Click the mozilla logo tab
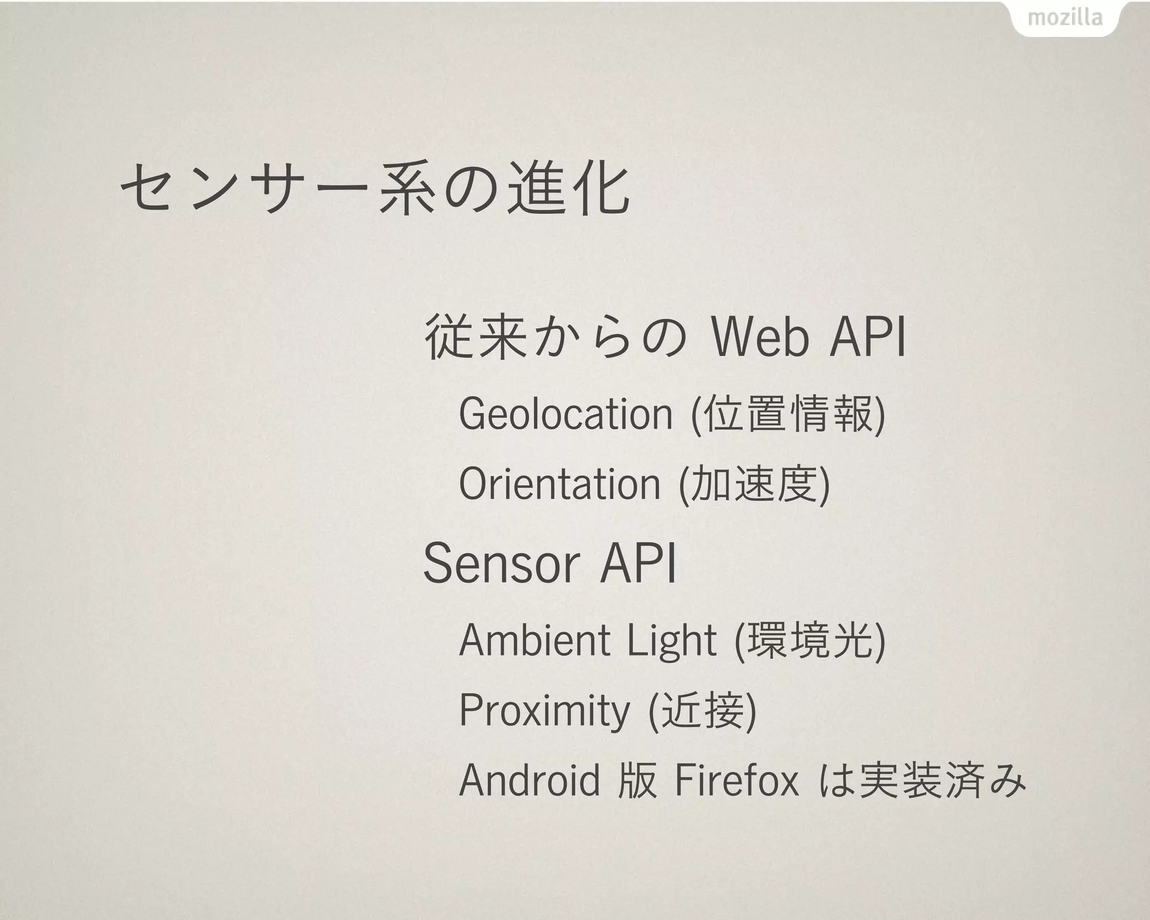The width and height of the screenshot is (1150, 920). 1065,19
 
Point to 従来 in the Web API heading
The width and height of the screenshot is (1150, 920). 476,338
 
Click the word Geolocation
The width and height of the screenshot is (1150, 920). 565,415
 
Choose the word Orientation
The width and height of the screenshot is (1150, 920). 559,484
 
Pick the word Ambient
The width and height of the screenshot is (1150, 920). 533,640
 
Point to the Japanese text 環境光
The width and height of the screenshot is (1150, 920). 810,640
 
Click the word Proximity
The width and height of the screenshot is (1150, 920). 544,711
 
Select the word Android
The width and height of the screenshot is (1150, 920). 530,781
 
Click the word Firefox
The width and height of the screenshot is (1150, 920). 736,781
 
